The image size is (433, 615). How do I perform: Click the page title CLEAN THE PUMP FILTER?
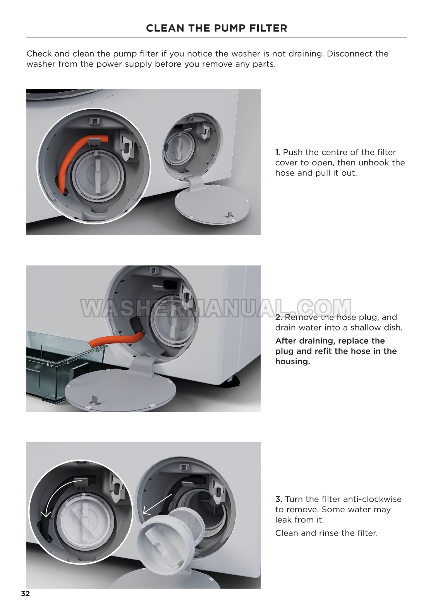216,28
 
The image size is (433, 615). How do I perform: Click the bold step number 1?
278,152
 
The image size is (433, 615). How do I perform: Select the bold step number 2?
278,317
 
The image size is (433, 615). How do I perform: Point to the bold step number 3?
279,499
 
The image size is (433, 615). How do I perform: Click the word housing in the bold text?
292,362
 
